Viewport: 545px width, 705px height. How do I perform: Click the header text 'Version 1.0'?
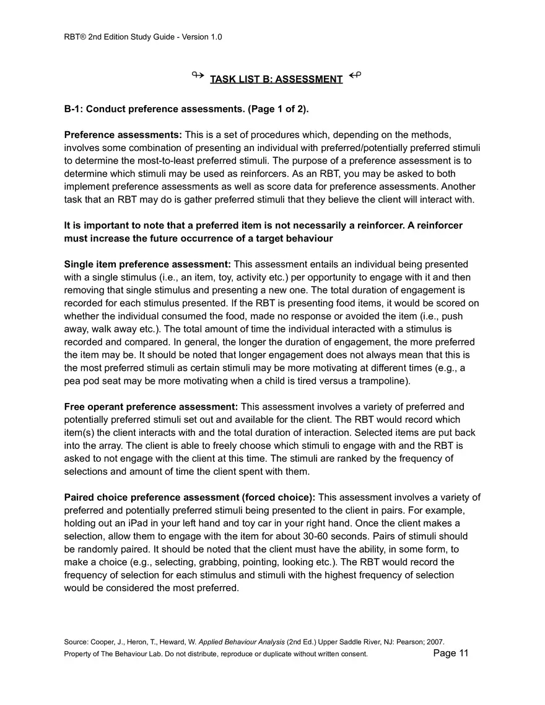click(x=201, y=37)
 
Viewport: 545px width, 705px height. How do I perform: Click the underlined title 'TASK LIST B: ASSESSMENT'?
click(x=276, y=79)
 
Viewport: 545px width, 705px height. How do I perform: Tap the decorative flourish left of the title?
click(x=198, y=76)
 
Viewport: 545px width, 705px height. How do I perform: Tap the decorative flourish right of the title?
click(x=355, y=76)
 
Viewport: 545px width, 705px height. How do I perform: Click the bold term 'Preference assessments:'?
click(x=123, y=135)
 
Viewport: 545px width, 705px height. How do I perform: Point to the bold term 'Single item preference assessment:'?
click(x=147, y=264)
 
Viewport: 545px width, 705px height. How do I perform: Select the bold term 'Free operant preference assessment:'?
click(x=151, y=407)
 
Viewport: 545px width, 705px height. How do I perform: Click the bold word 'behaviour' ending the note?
click(x=302, y=239)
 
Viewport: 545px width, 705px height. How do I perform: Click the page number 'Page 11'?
click(x=451, y=653)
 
